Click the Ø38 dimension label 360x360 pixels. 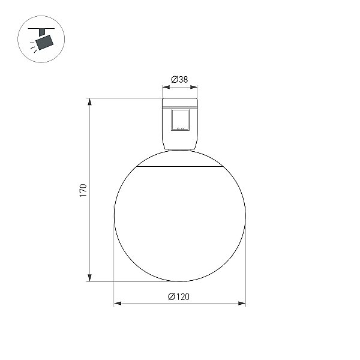[179, 79]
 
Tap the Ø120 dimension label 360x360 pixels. [179, 296]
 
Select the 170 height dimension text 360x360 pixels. [83, 190]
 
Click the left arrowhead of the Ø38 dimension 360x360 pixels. [166, 87]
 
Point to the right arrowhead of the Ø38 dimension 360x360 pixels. [194, 87]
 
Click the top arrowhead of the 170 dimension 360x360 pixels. [90, 102]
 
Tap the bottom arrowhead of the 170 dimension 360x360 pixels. [90, 278]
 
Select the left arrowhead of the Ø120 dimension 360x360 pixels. [118, 303]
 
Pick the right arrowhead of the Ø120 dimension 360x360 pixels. [242, 303]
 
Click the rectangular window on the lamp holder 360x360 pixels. [180, 120]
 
